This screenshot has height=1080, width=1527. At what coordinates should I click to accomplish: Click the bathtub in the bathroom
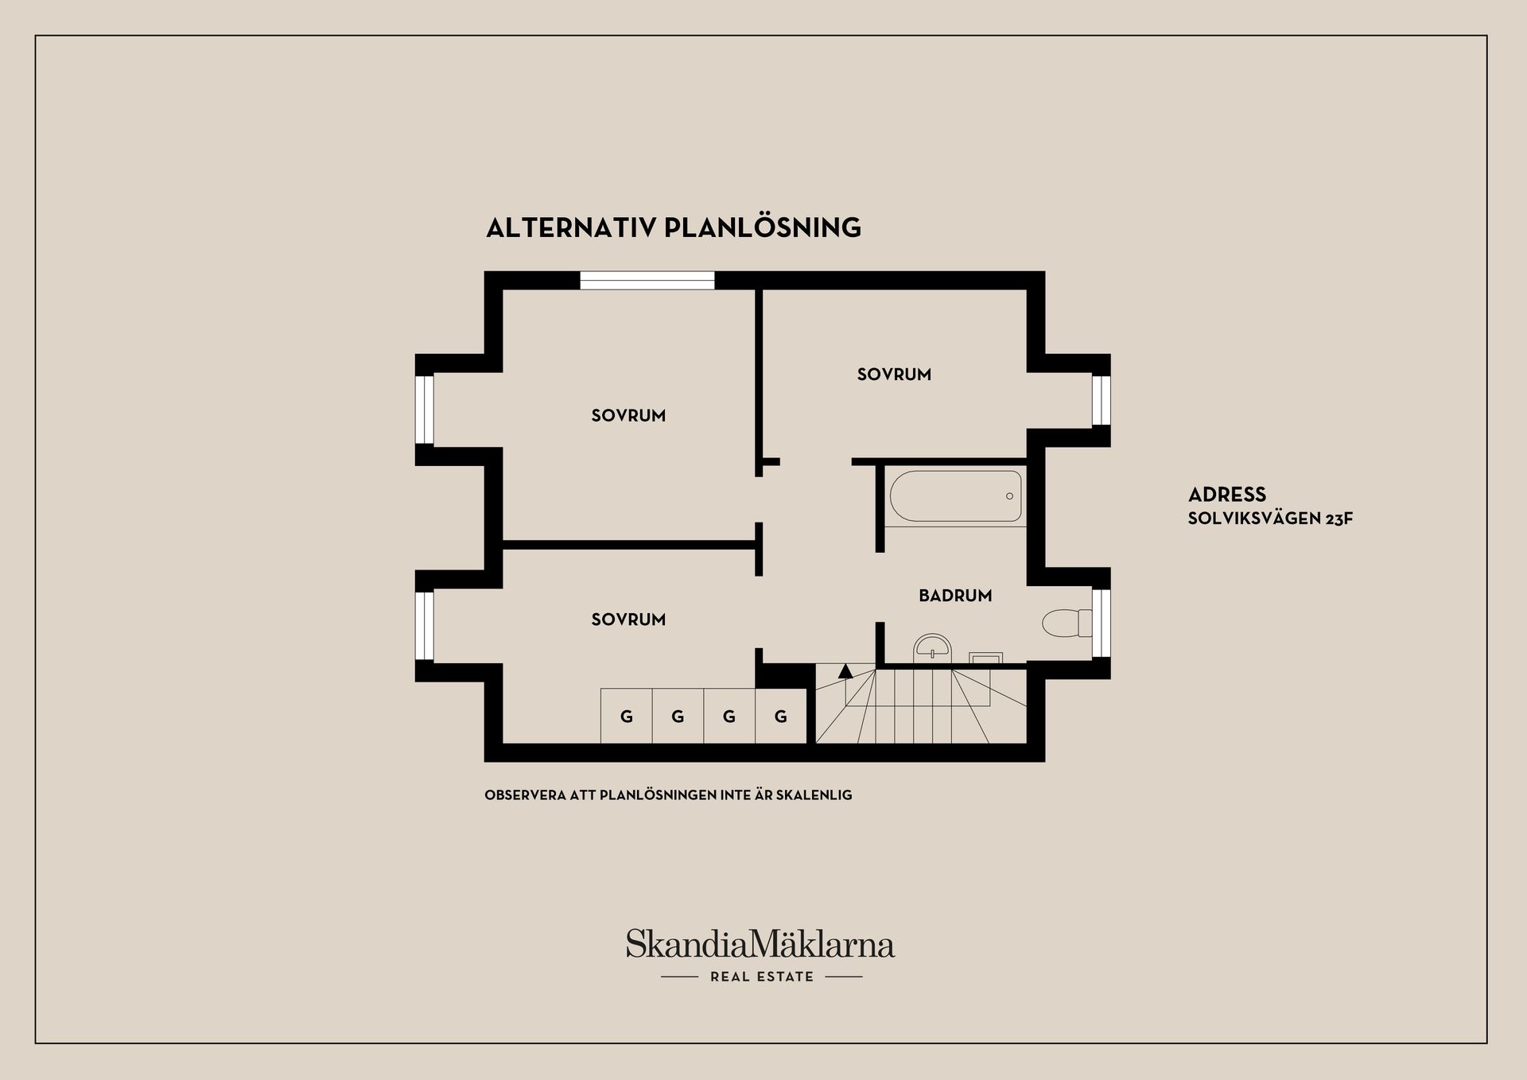(955, 496)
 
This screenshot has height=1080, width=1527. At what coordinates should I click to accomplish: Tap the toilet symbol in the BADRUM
(1067, 623)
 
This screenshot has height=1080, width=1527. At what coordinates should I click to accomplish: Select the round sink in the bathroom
(932, 646)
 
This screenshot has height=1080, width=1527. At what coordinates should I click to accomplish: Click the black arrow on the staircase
(845, 671)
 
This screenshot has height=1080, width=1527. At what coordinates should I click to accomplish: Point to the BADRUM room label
(955, 596)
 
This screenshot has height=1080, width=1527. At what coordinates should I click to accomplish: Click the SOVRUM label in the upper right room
(894, 375)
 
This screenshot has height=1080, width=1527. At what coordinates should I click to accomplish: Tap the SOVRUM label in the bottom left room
(628, 620)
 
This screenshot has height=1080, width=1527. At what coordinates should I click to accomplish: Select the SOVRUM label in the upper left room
(628, 415)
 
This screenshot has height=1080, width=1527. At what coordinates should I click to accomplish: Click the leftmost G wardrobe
(627, 717)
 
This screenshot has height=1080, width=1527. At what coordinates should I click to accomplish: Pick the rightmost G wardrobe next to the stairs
(781, 717)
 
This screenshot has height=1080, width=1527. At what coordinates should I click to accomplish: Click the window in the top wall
(647, 280)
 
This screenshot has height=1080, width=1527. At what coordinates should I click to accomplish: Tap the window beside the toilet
(1101, 623)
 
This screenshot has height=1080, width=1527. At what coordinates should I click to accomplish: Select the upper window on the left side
(425, 410)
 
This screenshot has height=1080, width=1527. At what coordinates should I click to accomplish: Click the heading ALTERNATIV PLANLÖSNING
(674, 228)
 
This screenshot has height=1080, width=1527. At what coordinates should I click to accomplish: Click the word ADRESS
(1227, 495)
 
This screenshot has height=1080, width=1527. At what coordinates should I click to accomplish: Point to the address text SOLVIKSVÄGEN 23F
(1270, 519)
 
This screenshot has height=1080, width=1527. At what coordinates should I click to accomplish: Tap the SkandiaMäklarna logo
(760, 944)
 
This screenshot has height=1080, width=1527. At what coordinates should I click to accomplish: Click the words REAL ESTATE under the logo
(762, 977)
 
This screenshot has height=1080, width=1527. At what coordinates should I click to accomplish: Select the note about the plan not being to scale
(668, 795)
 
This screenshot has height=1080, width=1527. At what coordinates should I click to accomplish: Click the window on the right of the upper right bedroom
(1101, 401)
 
